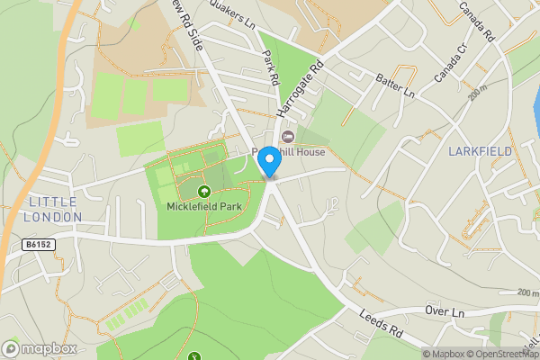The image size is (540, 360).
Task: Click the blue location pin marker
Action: [268, 163]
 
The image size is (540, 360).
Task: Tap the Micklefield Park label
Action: [204, 206]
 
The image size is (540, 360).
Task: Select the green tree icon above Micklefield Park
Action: [204, 191]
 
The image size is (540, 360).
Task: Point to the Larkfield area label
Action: [479, 150]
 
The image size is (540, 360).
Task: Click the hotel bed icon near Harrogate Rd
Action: [288, 137]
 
